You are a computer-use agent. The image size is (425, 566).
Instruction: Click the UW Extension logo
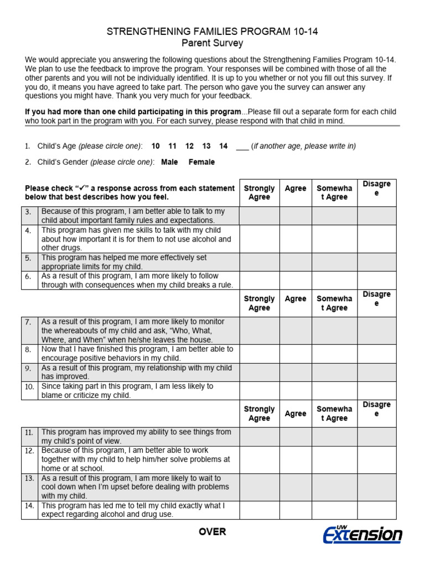point(362,534)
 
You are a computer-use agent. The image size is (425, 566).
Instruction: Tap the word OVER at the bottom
point(212,532)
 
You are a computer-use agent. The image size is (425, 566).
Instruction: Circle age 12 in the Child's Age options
point(189,146)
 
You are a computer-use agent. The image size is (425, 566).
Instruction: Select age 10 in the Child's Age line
point(156,146)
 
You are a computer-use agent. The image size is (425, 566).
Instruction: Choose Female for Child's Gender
point(201,162)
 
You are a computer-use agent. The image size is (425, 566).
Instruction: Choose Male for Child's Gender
point(169,162)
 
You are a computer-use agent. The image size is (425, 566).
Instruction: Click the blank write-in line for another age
point(242,146)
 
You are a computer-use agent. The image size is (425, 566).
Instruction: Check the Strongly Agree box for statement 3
point(259,216)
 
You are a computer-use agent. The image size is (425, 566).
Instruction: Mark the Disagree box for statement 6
point(376,280)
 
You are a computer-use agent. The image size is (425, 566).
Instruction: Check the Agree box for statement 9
point(296,372)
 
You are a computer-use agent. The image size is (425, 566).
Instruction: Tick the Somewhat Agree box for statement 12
point(334,459)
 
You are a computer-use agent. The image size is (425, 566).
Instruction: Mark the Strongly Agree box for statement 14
point(259,510)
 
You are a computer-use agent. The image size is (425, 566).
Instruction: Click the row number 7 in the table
point(28,322)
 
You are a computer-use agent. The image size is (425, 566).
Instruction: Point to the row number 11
point(29,432)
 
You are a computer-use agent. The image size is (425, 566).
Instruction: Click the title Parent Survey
point(212,43)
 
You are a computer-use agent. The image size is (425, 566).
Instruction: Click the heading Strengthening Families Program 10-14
point(212,32)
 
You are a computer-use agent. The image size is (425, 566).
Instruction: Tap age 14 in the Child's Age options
point(223,146)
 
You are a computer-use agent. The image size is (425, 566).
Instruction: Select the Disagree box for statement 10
point(376,391)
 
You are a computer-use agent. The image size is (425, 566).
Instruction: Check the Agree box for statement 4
point(296,239)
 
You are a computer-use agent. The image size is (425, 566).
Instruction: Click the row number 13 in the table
point(29,478)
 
